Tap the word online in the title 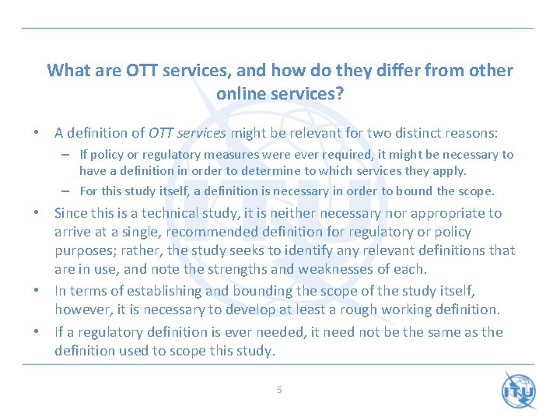tap(243, 93)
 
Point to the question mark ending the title tap(340, 93)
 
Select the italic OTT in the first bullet tap(160, 133)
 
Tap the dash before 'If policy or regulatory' tap(68, 155)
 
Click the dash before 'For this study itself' tap(68, 191)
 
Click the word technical tap(168, 213)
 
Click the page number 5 tap(279, 390)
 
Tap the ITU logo tap(518, 390)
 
